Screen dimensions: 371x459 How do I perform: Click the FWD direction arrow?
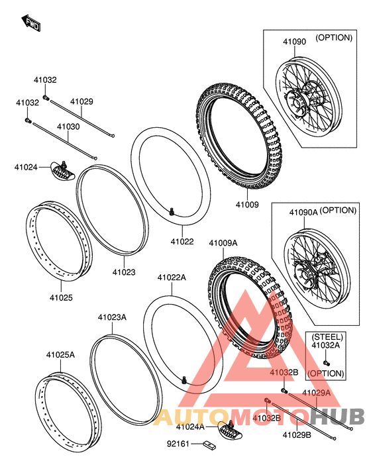(x=30, y=23)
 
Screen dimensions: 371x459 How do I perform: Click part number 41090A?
(x=303, y=212)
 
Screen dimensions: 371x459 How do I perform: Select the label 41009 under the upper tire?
(x=247, y=205)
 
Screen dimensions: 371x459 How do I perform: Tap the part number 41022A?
(x=172, y=278)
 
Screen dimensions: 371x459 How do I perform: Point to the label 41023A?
(x=112, y=317)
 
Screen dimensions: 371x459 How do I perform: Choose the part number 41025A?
(x=60, y=355)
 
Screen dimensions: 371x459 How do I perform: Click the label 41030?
(x=68, y=127)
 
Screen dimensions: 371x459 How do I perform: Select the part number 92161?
(x=178, y=444)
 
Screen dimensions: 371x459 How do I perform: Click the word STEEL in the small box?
(x=327, y=337)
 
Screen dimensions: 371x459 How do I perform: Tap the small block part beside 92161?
(x=209, y=445)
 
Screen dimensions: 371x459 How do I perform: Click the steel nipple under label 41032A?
(x=327, y=363)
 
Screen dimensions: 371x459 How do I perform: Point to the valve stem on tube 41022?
(x=172, y=211)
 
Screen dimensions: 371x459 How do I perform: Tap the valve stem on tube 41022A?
(x=184, y=380)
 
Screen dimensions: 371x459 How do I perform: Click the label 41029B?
(x=297, y=435)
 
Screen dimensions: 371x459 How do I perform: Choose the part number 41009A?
(x=223, y=243)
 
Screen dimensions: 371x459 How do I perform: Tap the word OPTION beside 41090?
(x=334, y=38)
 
